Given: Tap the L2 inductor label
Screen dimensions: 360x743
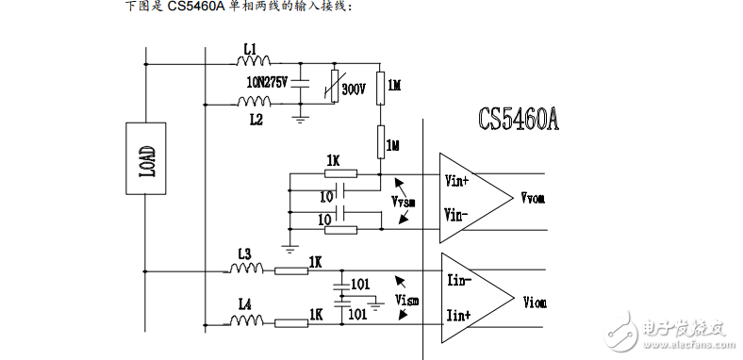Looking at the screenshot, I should (256, 121).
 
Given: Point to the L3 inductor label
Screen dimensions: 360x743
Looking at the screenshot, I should (244, 254).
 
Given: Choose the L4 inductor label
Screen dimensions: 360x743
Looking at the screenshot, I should (244, 303).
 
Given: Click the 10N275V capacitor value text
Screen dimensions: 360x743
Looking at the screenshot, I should (267, 82).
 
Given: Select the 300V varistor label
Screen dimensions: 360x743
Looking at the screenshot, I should (354, 90).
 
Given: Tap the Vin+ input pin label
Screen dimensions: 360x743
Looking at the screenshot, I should (457, 176).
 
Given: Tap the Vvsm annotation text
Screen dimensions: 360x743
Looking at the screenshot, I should (403, 203).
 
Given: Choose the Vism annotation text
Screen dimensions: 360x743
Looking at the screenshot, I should (406, 301).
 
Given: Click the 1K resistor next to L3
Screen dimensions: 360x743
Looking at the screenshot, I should (291, 271).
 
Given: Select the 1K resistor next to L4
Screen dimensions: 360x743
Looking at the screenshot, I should (291, 323).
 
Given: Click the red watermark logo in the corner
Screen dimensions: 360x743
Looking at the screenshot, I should (620, 331).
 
